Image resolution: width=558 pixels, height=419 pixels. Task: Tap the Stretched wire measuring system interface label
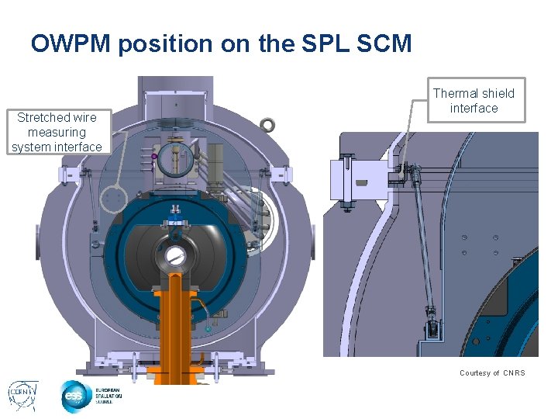57,132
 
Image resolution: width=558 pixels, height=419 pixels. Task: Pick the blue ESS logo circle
76,396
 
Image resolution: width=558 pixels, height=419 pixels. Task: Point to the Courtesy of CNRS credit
492,373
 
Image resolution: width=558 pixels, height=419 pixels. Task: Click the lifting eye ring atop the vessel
268,124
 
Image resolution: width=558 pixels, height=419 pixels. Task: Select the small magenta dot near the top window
154,157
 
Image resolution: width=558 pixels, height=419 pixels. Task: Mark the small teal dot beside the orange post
208,330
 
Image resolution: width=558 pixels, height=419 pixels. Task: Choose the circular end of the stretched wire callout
114,200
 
